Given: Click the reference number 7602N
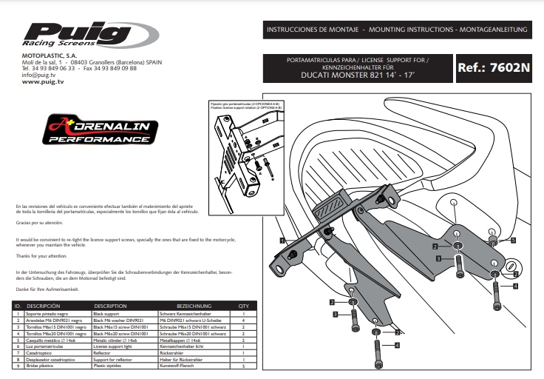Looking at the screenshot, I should (494, 67).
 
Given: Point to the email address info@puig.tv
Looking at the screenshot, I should (40, 76).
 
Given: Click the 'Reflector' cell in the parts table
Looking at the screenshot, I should (106, 354).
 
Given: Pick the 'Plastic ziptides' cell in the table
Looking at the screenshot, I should (110, 366).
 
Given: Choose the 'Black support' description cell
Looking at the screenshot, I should (109, 313).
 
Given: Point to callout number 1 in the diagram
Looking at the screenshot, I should (282, 240).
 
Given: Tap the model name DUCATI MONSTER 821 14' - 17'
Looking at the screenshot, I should (358, 76).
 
